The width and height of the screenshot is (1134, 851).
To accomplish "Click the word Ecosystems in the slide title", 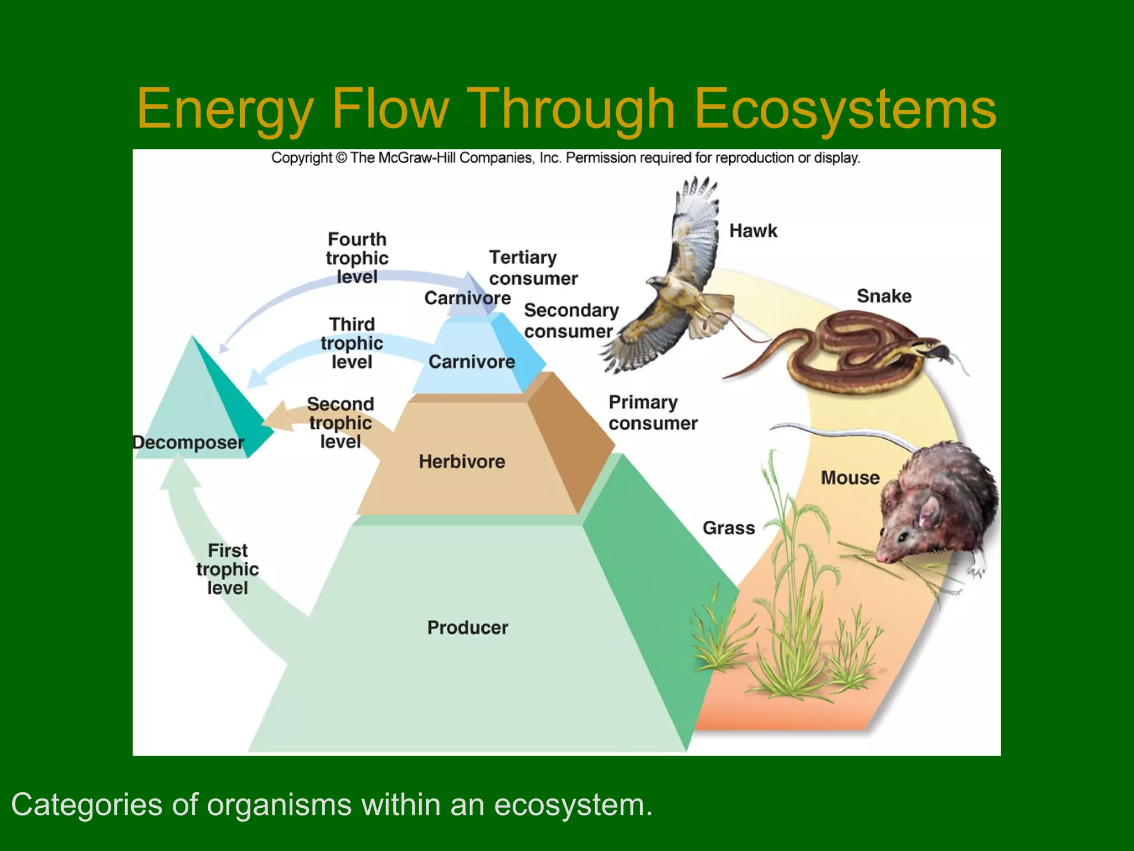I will (845, 109).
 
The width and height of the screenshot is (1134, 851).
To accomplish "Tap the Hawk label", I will (752, 230).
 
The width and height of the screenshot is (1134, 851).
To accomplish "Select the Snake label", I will (884, 296).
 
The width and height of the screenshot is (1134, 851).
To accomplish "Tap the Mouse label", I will (850, 478).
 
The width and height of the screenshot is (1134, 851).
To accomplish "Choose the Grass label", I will (729, 527).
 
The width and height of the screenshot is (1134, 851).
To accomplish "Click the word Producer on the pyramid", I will (467, 627).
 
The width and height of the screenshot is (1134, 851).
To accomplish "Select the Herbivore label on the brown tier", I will (462, 461).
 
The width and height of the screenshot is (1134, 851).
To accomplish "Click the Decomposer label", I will (188, 442).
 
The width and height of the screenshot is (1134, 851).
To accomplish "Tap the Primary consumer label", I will (652, 413).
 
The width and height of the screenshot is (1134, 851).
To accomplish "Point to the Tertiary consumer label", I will (533, 268).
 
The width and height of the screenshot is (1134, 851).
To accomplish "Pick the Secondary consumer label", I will (570, 320).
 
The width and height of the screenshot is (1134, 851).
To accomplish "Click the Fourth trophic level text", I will (357, 258).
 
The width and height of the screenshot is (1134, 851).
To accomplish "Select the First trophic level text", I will (228, 569).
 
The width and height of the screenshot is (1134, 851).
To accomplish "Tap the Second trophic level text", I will (341, 423).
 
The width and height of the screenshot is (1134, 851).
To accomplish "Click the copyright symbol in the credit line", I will (341, 158).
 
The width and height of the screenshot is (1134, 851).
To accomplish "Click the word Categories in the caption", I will (86, 804).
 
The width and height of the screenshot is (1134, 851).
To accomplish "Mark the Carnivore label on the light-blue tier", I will (472, 362).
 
